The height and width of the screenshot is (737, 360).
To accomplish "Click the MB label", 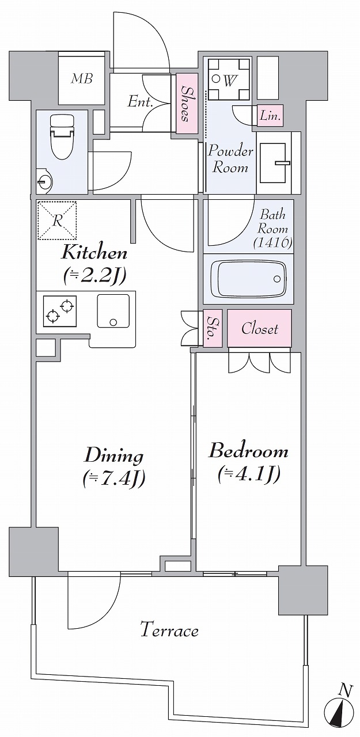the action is pos(82,79).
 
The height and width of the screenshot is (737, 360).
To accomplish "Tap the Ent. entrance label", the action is pos(141,102).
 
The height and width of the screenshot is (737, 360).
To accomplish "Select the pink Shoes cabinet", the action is pos(187,104).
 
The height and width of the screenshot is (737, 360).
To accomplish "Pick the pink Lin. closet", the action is pos(270,116).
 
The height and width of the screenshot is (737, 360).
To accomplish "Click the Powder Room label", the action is pos(230,159).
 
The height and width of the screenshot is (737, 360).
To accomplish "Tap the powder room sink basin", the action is pos(273,163).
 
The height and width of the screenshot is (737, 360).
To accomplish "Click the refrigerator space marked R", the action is pos(57,221).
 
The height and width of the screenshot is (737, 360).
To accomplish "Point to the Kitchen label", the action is pos(94,254).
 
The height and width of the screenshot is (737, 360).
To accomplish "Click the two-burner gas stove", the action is pos(60,311).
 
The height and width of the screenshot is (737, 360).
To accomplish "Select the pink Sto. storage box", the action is pos(212,328).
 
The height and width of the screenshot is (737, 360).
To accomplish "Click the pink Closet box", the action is pos(259,328).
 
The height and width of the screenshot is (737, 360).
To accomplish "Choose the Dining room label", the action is pos(114,457).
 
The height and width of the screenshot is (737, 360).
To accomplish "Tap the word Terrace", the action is pos(169,631).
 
